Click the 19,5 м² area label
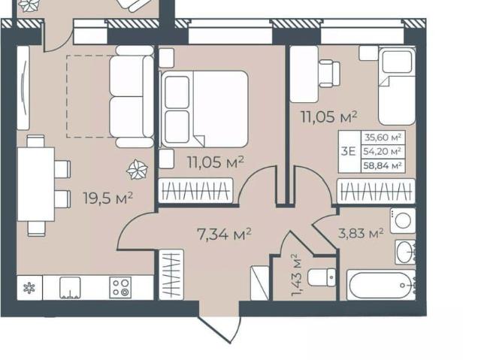(108, 198)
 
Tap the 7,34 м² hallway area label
(225, 234)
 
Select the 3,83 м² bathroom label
(361, 233)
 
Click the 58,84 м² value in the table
(383, 166)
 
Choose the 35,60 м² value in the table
(383, 138)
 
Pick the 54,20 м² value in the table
(383, 152)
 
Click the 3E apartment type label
(348, 152)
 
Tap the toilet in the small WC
(322, 277)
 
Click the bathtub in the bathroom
(380, 285)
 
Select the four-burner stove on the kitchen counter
(120, 287)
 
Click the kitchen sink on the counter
(70, 288)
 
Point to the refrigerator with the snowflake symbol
(29, 288)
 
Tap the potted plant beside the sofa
(137, 170)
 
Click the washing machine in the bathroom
(403, 220)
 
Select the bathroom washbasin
(405, 252)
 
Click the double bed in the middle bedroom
(204, 108)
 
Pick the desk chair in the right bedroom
(329, 74)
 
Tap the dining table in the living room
(36, 184)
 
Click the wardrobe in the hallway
(171, 274)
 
